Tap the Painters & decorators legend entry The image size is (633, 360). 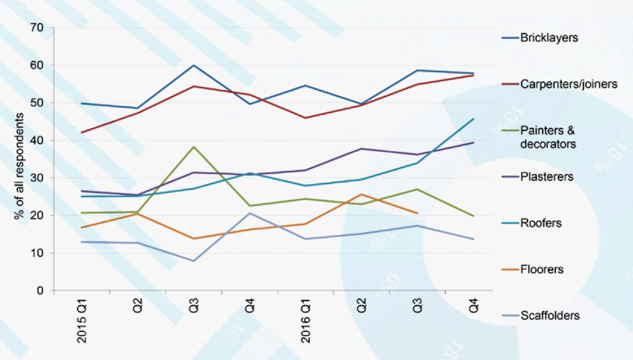click(x=548, y=137)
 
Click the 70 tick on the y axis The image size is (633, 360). click(x=37, y=28)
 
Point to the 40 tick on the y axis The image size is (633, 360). click(x=37, y=140)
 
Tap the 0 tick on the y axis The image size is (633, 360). click(x=40, y=290)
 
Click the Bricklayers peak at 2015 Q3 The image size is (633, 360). click(x=194, y=65)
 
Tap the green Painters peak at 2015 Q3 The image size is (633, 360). click(x=194, y=147)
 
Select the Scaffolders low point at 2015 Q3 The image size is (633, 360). click(x=194, y=260)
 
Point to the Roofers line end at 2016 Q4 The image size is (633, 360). click(x=473, y=119)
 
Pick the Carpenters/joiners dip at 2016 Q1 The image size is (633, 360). click(x=306, y=118)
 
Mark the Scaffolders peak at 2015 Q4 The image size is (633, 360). click(x=250, y=213)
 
